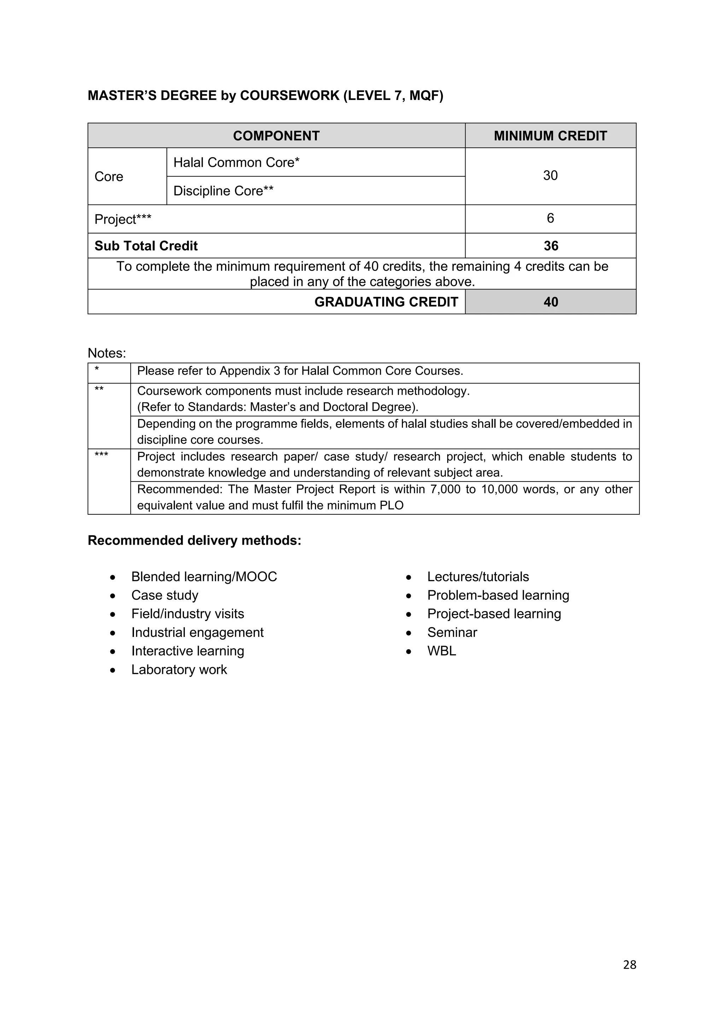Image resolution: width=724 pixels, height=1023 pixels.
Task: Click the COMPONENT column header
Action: pos(276,136)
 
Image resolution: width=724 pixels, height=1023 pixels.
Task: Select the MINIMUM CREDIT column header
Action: pos(550,136)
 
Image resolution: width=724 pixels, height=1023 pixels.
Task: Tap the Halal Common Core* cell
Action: pos(236,162)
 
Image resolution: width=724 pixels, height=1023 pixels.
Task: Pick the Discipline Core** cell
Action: pos(223,191)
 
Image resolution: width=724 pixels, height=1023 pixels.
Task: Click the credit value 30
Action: pos(550,176)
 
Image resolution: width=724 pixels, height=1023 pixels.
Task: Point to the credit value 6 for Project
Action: pos(550,218)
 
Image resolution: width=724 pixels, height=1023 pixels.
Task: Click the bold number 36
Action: pos(550,246)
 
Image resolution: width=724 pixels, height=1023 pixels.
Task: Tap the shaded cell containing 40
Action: pos(550,302)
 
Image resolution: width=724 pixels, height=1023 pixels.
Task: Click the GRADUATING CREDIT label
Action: pos(386,302)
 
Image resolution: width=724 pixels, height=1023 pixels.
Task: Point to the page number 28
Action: pos(630,965)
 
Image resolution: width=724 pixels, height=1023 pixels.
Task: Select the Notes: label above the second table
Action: pos(107,353)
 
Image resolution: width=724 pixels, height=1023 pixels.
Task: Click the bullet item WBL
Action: pos(441,651)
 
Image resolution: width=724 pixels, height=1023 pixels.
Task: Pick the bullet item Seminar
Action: pos(452,633)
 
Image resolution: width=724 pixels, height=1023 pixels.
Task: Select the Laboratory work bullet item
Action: pos(179,670)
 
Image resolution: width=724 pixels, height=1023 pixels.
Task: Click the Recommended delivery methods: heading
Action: pos(194,540)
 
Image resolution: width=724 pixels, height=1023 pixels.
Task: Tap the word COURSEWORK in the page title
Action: pos(290,96)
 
